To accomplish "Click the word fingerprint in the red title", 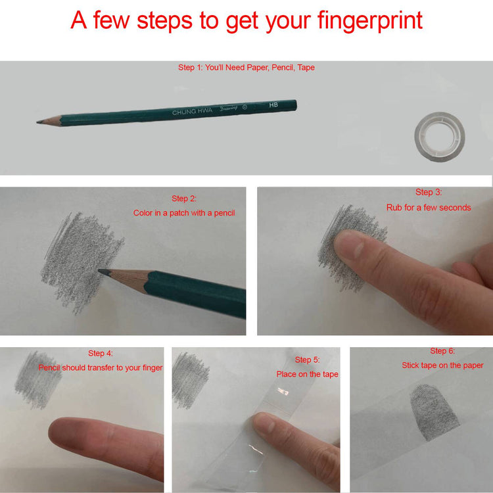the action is tap(369, 21).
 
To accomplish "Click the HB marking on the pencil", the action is tap(273, 105).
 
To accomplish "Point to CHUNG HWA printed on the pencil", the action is tap(192, 111).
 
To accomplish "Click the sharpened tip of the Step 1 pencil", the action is tap(37, 122).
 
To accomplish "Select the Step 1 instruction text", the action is tap(246, 67).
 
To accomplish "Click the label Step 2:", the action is tap(184, 199).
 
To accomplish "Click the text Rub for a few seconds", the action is tap(429, 208).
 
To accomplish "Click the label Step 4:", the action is tap(101, 353).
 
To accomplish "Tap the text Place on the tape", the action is tap(307, 374).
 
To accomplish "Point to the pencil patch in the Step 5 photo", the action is tap(190, 381).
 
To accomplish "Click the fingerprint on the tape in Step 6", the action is tap(434, 412).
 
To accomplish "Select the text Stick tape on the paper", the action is tap(442, 365).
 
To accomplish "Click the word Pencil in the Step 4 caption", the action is tap(49, 367).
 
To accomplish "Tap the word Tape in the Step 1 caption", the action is tap(306, 68).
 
